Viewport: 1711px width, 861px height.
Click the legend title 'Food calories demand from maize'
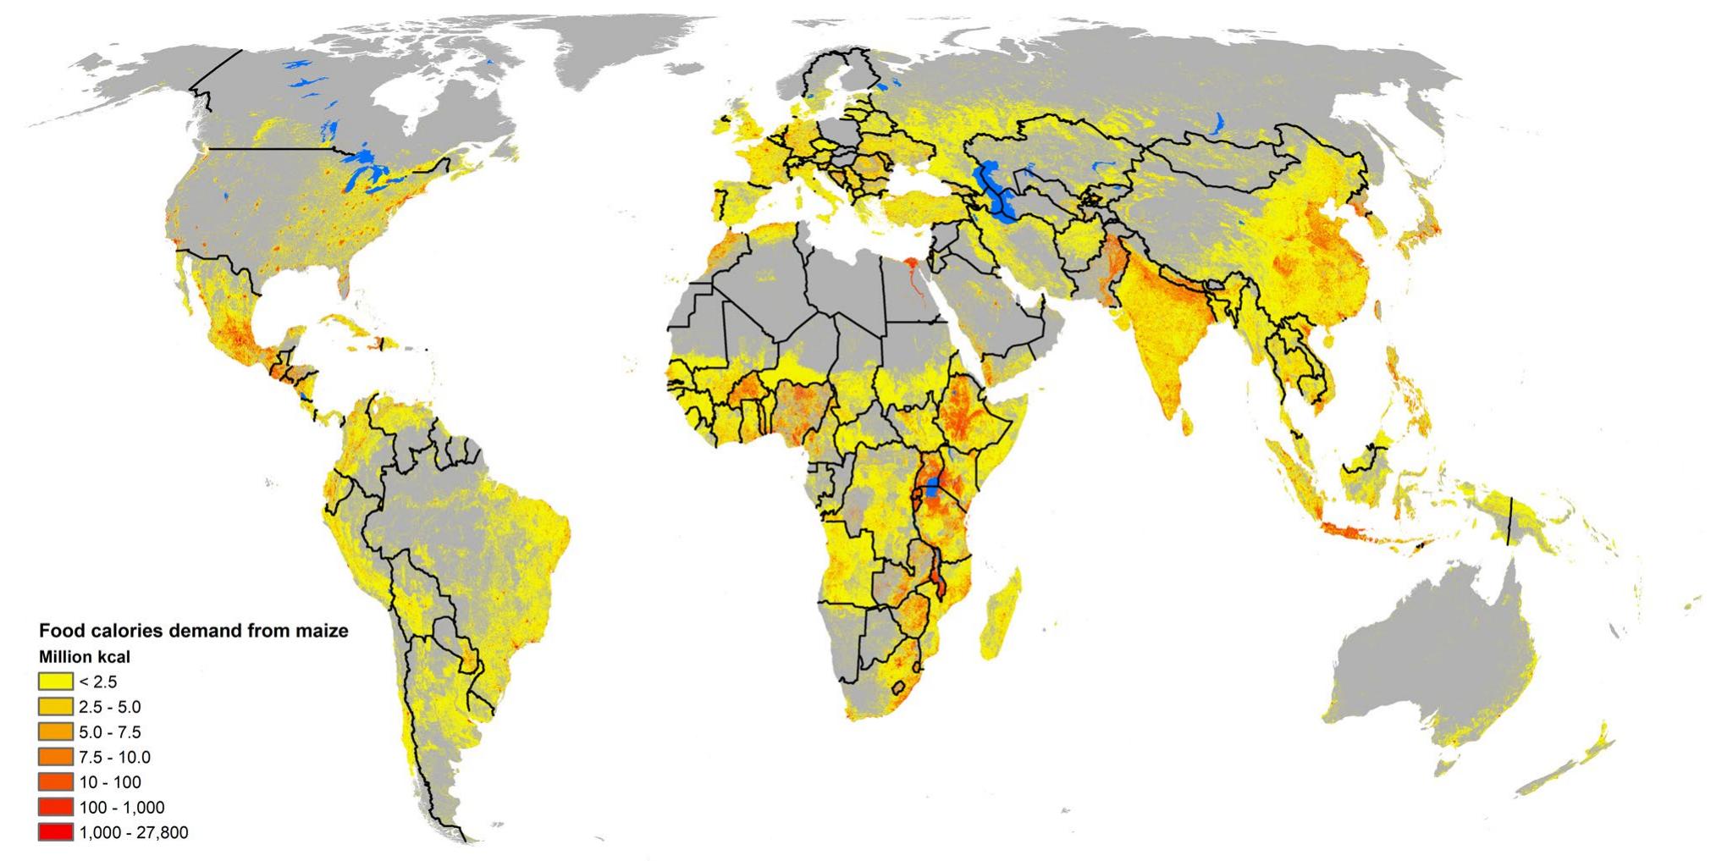pyautogui.click(x=194, y=631)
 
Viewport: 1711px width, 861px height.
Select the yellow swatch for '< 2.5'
pyautogui.click(x=55, y=682)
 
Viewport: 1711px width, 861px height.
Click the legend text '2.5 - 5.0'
pyautogui.click(x=110, y=707)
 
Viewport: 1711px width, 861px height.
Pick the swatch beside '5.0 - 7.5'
pyautogui.click(x=55, y=731)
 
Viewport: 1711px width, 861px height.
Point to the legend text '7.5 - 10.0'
pyautogui.click(x=115, y=757)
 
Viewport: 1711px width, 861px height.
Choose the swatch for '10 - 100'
pyautogui.click(x=55, y=782)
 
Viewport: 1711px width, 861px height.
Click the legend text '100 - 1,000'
pyautogui.click(x=122, y=808)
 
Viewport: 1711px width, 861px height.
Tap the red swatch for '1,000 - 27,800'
pyautogui.click(x=55, y=833)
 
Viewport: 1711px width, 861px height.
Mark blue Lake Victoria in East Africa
pyautogui.click(x=932, y=487)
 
